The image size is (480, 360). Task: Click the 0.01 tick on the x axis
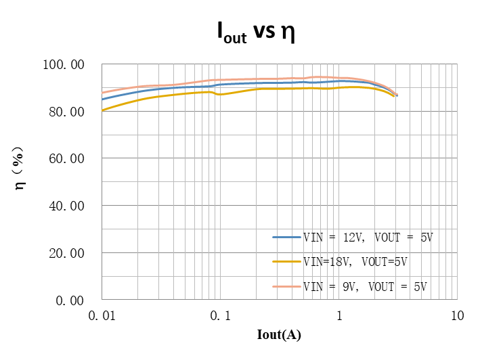pos(102,315)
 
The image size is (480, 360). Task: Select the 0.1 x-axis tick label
pos(219,315)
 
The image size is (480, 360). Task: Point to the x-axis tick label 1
pos(339,315)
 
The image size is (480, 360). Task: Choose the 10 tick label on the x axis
pos(457,315)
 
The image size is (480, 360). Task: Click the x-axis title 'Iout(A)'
pos(279,335)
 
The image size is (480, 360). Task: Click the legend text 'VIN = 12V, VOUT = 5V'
pos(368,238)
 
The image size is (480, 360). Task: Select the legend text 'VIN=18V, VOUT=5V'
pos(355,261)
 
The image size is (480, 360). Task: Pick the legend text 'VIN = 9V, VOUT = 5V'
pos(365,286)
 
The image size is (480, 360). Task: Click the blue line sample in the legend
pos(286,238)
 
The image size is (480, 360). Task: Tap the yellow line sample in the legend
pos(286,261)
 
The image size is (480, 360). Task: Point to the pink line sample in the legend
pos(286,286)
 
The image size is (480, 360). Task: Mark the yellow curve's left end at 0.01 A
pos(102,110)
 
